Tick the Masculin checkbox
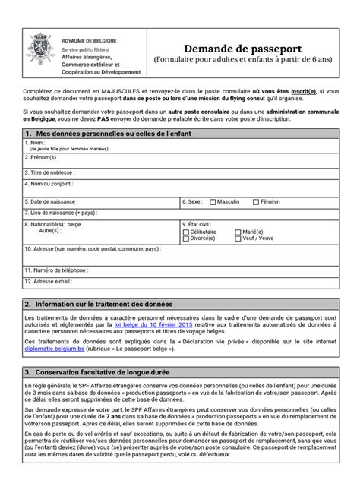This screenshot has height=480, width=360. click(x=212, y=202)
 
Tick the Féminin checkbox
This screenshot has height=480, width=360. click(x=255, y=202)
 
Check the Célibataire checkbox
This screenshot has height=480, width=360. click(x=187, y=231)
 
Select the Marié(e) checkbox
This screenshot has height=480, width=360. click(x=238, y=231)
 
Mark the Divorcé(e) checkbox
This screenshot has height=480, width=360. click(x=187, y=237)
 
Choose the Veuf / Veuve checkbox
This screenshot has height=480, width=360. click(x=238, y=237)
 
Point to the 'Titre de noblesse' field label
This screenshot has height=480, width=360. click(x=52, y=172)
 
